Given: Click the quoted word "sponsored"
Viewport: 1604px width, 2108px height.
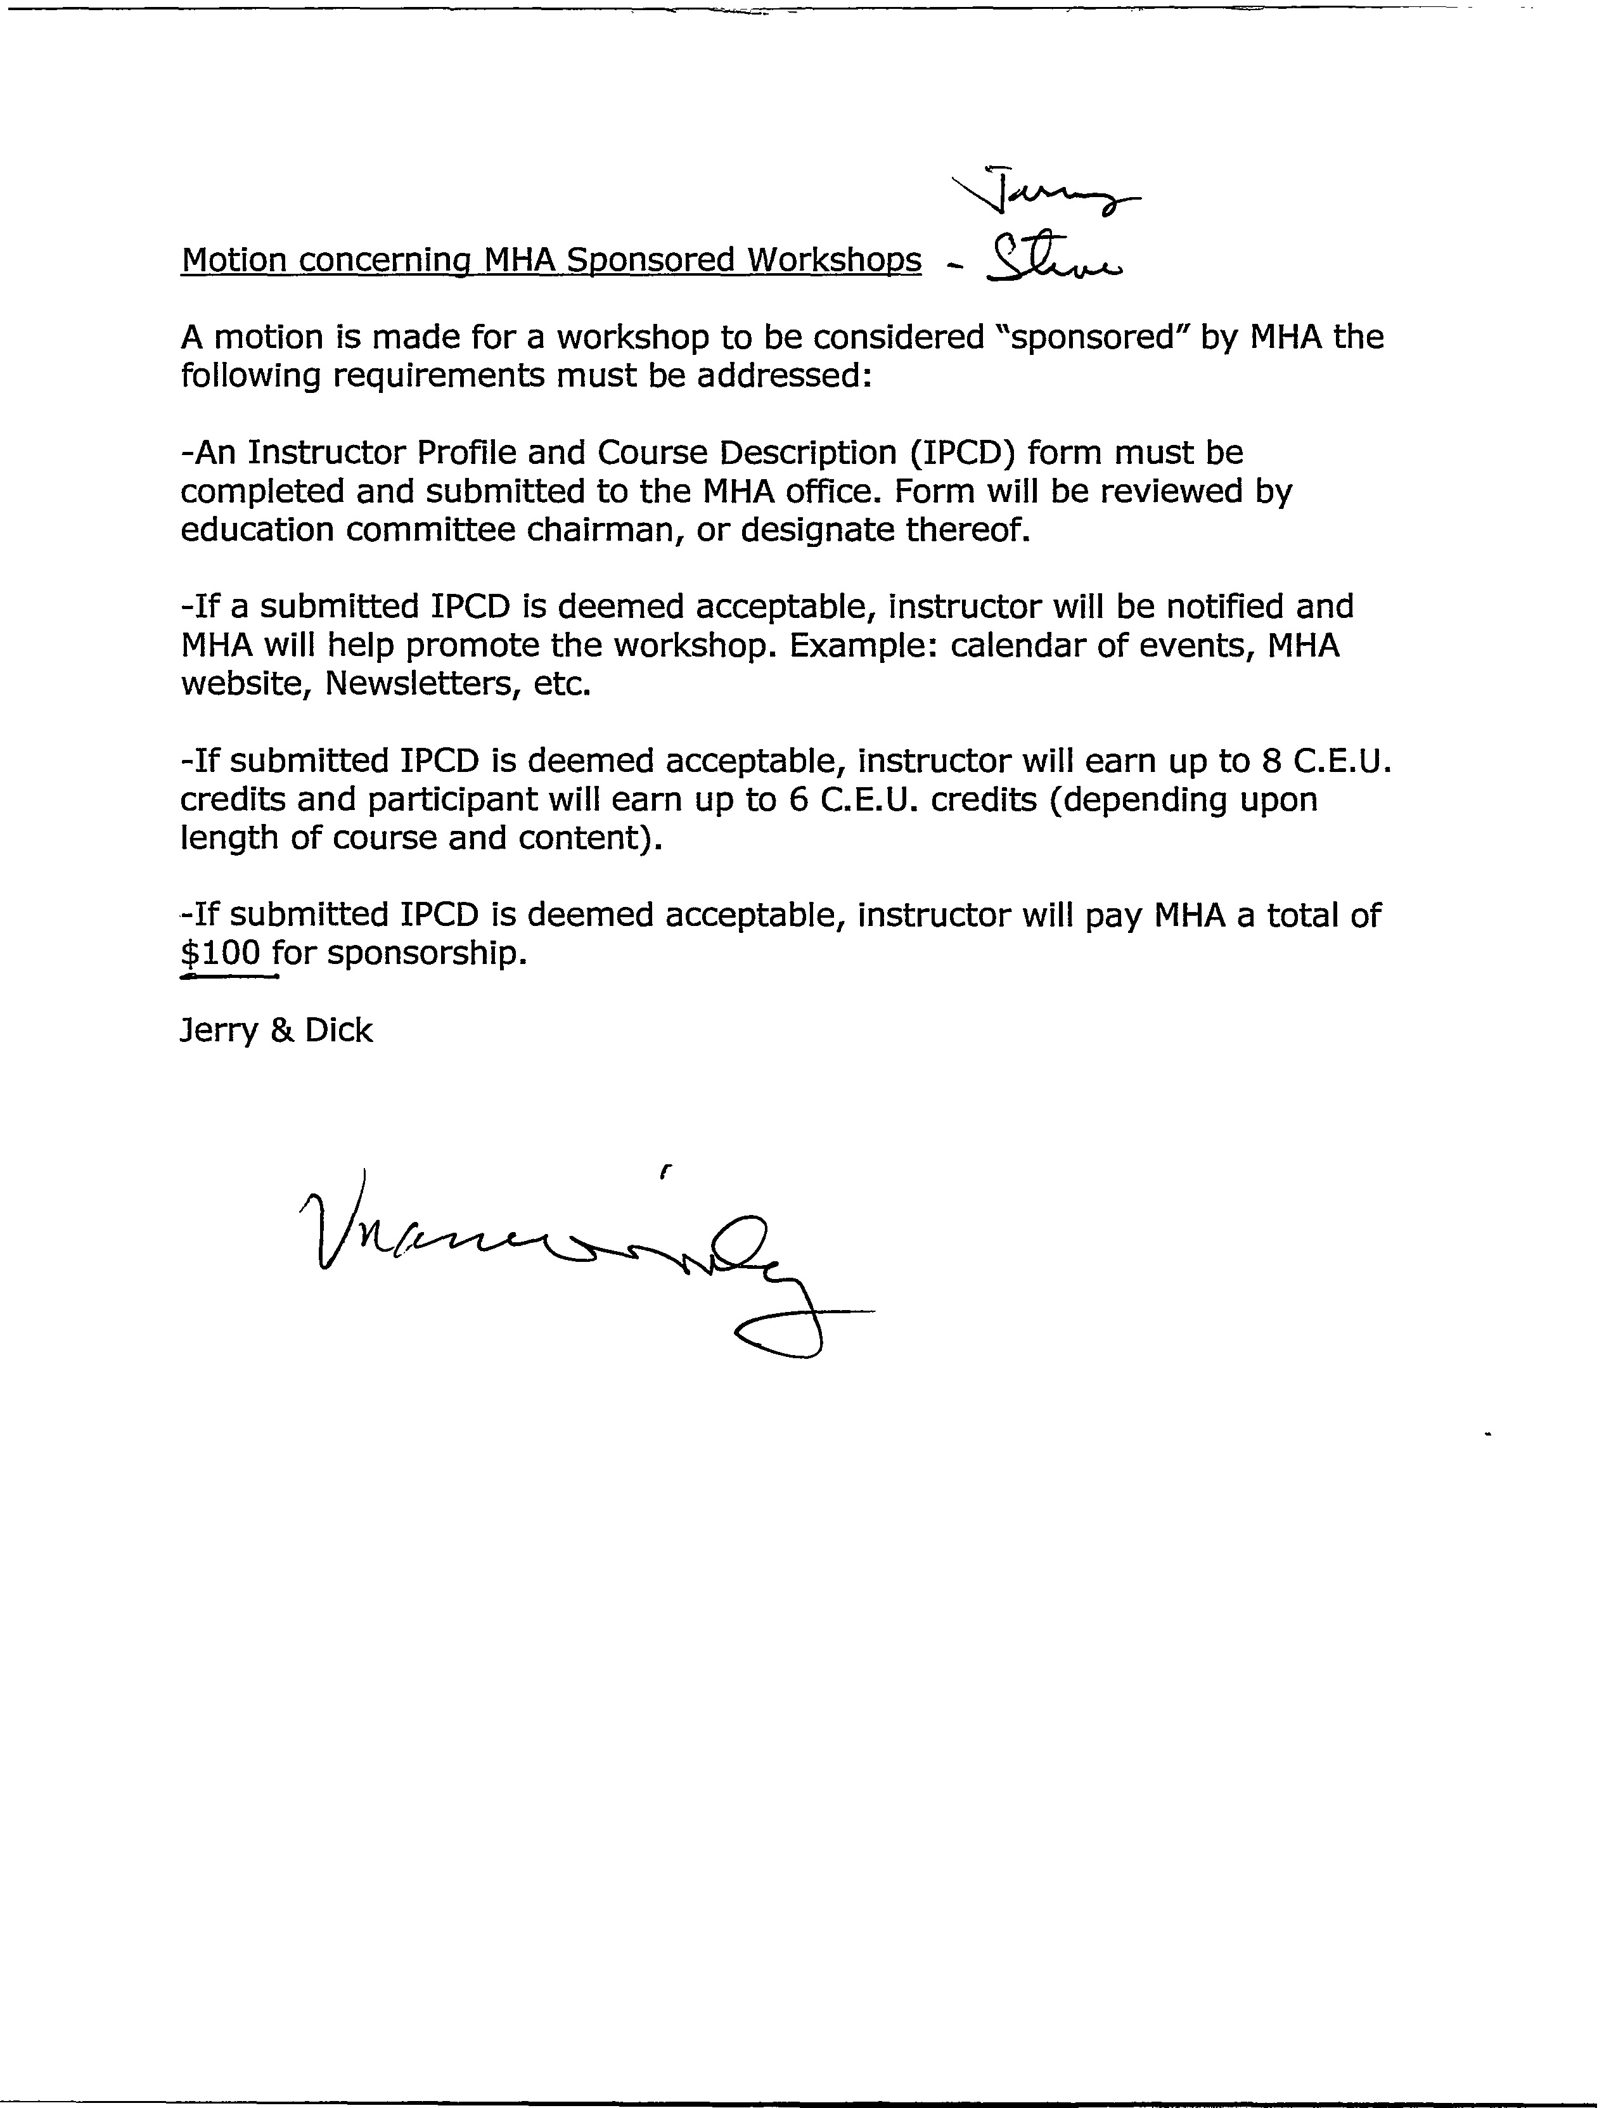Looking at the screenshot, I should pyautogui.click(x=1090, y=337).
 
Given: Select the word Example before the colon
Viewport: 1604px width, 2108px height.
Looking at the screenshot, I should pyautogui.click(x=862, y=646).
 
